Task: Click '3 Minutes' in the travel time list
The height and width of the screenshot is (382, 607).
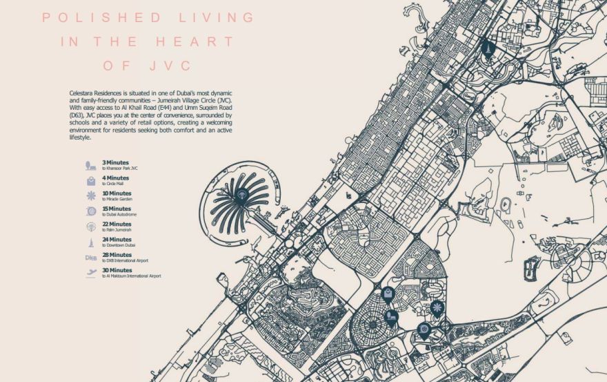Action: click(x=116, y=162)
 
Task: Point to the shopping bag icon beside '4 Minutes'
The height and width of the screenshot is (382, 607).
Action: click(x=91, y=181)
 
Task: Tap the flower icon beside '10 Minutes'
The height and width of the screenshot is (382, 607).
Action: click(x=91, y=196)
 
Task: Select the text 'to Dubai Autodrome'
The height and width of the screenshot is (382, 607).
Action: click(x=119, y=215)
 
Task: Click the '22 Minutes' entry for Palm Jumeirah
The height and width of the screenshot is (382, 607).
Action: click(x=117, y=224)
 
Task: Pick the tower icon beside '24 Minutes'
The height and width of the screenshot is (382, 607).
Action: click(x=91, y=242)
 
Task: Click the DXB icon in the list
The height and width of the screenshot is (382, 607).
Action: click(x=90, y=258)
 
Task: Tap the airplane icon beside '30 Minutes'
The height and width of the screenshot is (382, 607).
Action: click(x=91, y=274)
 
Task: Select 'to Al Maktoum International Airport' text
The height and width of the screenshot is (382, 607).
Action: click(x=132, y=276)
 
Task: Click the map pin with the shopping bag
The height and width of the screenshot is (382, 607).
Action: click(x=388, y=294)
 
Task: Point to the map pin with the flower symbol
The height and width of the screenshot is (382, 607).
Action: click(x=436, y=307)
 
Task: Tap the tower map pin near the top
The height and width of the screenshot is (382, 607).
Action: click(x=488, y=49)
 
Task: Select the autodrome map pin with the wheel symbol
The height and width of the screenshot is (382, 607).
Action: click(x=424, y=330)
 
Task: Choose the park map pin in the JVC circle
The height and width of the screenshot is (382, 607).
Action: click(x=390, y=317)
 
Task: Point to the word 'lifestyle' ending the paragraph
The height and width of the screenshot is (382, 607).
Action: click(x=80, y=137)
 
